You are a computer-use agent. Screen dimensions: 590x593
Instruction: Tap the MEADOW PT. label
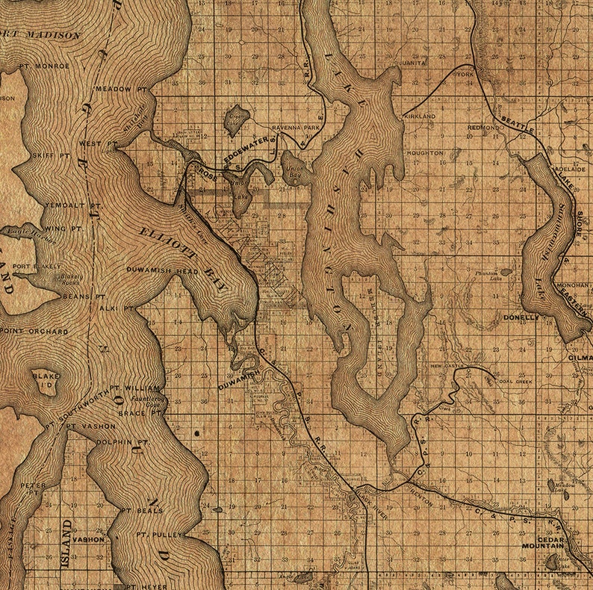[x=122, y=88]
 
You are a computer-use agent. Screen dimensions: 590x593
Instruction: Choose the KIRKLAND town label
[x=419, y=117]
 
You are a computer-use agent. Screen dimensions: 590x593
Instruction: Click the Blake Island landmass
[x=46, y=382]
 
